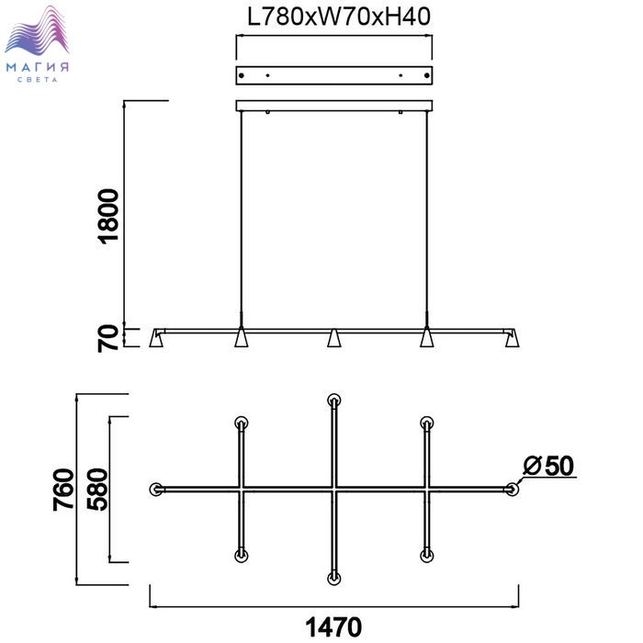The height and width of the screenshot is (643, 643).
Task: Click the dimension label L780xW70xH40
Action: (339, 17)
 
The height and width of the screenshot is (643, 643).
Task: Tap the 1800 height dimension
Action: (109, 216)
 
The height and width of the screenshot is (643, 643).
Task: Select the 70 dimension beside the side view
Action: (108, 338)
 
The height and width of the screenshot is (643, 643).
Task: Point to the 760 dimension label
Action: (63, 490)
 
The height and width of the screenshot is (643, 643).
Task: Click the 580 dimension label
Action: (97, 490)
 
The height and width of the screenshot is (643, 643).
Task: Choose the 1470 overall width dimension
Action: (333, 627)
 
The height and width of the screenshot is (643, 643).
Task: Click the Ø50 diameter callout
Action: (548, 467)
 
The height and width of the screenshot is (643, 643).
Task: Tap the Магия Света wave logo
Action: (37, 43)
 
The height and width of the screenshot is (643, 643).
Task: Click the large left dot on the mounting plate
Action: (242, 75)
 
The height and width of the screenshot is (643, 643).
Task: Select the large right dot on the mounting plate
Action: (427, 75)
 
